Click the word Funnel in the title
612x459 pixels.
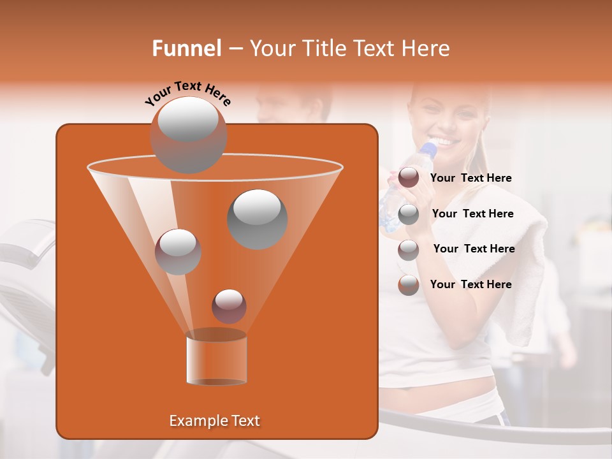186,48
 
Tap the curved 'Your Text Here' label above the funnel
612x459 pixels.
187,93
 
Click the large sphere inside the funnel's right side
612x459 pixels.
257,219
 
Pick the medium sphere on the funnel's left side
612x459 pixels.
178,251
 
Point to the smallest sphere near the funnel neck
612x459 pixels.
229,306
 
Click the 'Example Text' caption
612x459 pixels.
214,421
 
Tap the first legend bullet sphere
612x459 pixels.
408,178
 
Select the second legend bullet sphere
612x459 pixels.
408,214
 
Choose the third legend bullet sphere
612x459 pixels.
408,250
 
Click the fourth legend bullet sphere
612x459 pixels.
408,285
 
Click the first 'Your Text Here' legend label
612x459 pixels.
470,178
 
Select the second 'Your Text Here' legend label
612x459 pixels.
472,214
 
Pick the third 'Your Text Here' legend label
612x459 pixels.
474,249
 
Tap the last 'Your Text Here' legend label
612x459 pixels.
470,284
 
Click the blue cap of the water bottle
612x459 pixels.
430,149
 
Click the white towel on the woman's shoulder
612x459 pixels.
523,268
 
